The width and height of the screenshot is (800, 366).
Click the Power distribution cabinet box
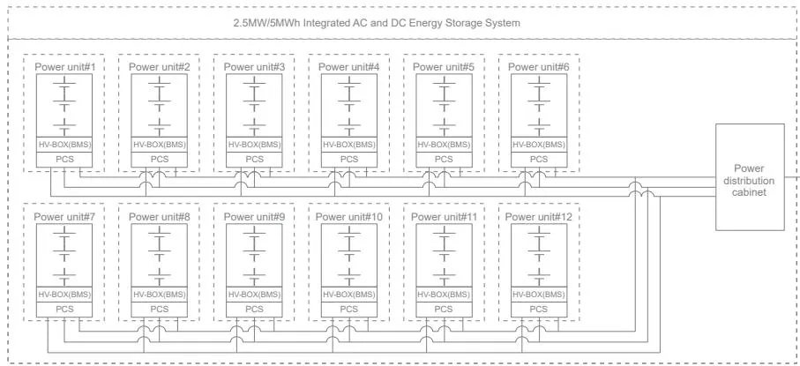[x=750, y=177]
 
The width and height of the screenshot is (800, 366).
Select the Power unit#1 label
[x=64, y=67]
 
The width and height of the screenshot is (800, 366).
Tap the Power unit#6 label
[x=539, y=67]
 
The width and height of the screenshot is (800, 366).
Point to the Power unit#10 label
[x=349, y=217]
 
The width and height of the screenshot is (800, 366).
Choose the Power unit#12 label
[x=539, y=217]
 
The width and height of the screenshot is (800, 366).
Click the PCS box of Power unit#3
[x=254, y=160]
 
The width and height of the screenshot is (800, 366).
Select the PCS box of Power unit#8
[x=159, y=309]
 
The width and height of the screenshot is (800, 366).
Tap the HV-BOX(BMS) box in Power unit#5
[x=444, y=145]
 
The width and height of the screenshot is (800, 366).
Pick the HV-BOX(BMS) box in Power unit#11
[x=444, y=295]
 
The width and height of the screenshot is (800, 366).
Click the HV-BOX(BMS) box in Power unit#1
[x=64, y=145]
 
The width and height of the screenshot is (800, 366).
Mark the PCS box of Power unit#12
[x=539, y=309]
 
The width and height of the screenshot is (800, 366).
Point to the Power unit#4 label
[x=349, y=67]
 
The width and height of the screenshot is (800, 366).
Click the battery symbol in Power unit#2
[x=159, y=106]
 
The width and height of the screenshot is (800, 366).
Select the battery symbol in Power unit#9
[x=254, y=256]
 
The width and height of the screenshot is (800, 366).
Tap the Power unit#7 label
[x=64, y=217]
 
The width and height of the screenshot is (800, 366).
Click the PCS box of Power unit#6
[x=539, y=160]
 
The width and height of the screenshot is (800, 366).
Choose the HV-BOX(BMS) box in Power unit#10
[x=349, y=295]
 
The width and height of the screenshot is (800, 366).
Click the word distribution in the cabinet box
[x=750, y=181]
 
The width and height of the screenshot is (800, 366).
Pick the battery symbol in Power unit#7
[x=64, y=256]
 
